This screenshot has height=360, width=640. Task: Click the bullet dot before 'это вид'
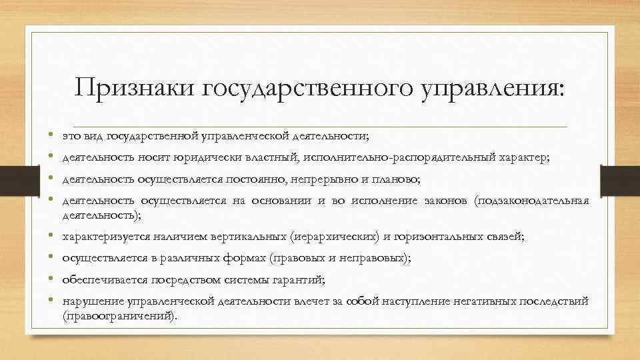pos(51,136)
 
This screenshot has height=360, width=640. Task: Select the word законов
pos(447,201)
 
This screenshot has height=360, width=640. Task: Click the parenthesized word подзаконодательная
pos(531,201)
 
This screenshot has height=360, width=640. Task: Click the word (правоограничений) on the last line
pos(120,316)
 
